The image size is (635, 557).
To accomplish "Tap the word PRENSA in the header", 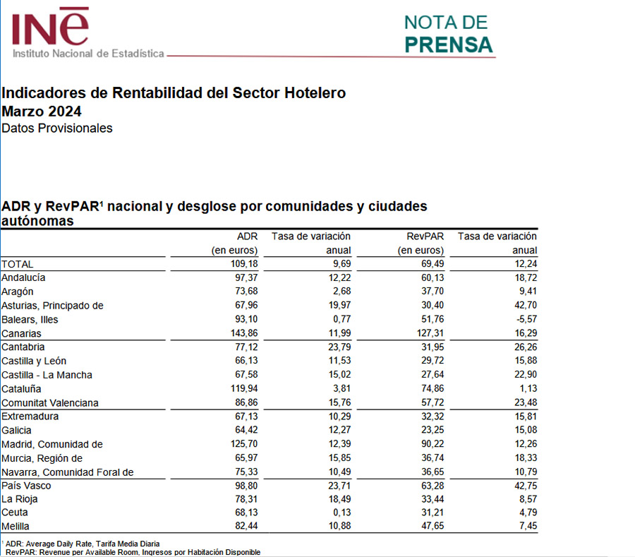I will pyautogui.click(x=449, y=44).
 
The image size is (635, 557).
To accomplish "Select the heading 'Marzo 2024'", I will pyautogui.click(x=42, y=111).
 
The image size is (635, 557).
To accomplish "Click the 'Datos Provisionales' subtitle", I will pyautogui.click(x=57, y=128).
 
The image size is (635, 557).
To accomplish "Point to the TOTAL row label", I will pyautogui.click(x=18, y=263).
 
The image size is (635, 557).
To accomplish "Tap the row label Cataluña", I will pyautogui.click(x=22, y=388).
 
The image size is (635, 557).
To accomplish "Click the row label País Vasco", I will pyautogui.click(x=26, y=486).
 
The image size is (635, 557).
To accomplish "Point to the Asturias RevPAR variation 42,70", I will pyautogui.click(x=524, y=305).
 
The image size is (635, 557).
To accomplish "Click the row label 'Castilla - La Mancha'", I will pyautogui.click(x=47, y=375).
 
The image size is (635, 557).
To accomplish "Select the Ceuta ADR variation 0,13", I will pyautogui.click(x=339, y=513).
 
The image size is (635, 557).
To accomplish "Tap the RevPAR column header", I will pyautogui.click(x=425, y=236).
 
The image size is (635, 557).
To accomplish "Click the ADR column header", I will pyautogui.click(x=248, y=236).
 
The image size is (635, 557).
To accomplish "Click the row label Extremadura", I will pyautogui.click(x=30, y=417).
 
